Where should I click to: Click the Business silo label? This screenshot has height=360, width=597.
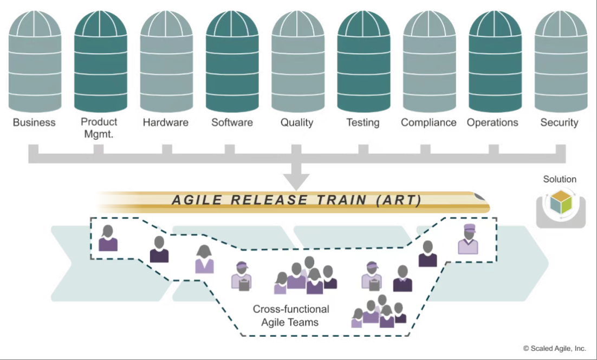click(x=34, y=123)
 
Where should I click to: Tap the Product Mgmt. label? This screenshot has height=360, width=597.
click(x=99, y=127)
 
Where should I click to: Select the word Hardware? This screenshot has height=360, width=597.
click(x=166, y=123)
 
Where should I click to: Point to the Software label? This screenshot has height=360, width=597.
click(x=232, y=123)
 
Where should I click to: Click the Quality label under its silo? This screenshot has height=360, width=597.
click(x=297, y=123)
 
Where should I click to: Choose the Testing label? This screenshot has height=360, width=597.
click(x=363, y=123)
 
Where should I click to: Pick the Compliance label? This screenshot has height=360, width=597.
click(x=429, y=123)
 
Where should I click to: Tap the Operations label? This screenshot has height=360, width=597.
click(x=492, y=123)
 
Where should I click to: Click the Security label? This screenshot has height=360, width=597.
click(x=559, y=123)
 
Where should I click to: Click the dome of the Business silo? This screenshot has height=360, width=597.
click(x=35, y=24)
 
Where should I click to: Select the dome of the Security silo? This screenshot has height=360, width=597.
click(x=561, y=24)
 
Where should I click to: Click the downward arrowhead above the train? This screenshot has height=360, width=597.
click(x=296, y=182)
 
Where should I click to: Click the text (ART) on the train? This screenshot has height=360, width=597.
click(x=399, y=200)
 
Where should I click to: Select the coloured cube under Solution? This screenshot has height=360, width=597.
click(x=561, y=202)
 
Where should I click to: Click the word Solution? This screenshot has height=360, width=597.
click(x=560, y=179)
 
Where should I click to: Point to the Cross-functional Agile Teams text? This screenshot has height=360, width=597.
click(x=290, y=316)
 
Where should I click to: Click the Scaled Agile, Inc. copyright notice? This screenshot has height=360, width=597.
click(x=554, y=348)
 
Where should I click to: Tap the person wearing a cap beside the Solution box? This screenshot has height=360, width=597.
click(x=468, y=239)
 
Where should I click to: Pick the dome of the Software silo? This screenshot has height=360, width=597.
click(x=232, y=24)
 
